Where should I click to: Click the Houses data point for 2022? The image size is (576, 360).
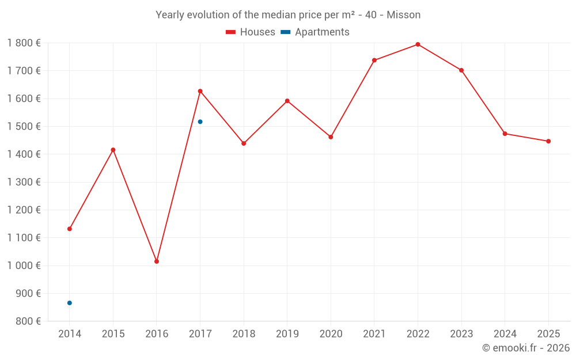tap(418, 44)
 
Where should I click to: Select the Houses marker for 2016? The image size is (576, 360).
tap(157, 262)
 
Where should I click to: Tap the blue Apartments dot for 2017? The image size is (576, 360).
tap(200, 122)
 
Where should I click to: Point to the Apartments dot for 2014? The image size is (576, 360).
tap(70, 303)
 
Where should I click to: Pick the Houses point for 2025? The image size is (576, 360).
tap(548, 141)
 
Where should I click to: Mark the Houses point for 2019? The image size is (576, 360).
tap(287, 101)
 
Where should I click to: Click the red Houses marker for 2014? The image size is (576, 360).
tap(70, 229)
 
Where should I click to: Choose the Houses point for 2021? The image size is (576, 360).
tap(374, 60)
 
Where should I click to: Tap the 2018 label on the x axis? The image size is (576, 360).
tap(244, 334)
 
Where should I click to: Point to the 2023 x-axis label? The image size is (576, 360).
tap(461, 334)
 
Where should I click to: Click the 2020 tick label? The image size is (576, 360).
tap(331, 334)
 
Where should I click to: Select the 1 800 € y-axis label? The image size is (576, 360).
tap(24, 43)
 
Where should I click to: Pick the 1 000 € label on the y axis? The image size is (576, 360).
tap(24, 266)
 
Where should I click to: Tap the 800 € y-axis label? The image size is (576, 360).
tap(28, 321)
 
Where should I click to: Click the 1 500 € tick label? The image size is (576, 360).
tap(24, 127)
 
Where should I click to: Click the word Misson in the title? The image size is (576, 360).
tap(403, 15)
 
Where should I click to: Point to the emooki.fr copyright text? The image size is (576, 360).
tap(526, 348)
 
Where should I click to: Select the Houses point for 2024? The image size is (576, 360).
tap(505, 134)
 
